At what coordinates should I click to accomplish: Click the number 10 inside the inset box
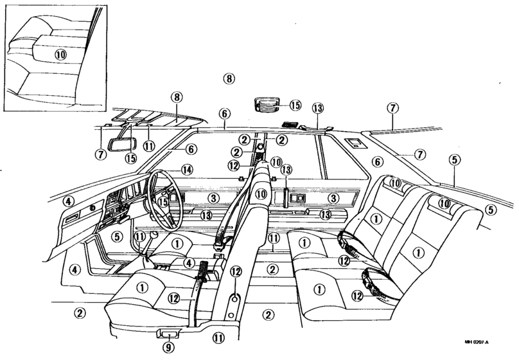click(x=60, y=54)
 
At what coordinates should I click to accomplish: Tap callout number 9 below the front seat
click(x=168, y=347)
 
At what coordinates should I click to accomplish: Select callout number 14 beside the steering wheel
click(x=187, y=170)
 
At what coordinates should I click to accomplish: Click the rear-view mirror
click(x=123, y=145)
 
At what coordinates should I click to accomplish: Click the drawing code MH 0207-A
click(x=477, y=342)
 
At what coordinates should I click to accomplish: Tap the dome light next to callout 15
click(x=267, y=104)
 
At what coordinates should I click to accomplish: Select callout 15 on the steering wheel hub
click(x=163, y=202)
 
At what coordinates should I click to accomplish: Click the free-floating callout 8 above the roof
click(x=229, y=79)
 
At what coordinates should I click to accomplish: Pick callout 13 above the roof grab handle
click(x=318, y=108)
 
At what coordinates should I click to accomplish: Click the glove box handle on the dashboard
click(x=71, y=219)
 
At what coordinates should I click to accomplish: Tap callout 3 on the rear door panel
click(x=333, y=199)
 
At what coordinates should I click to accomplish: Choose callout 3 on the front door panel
click(x=214, y=199)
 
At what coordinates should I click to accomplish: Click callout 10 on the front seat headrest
click(x=261, y=194)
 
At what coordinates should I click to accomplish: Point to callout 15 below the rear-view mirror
click(x=131, y=158)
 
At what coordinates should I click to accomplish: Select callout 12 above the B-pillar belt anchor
click(x=236, y=271)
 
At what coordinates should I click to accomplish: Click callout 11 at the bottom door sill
click(x=218, y=337)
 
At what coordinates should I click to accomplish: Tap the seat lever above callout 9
click(x=168, y=334)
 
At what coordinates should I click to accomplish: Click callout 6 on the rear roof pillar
click(x=377, y=162)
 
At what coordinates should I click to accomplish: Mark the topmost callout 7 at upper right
click(x=392, y=108)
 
